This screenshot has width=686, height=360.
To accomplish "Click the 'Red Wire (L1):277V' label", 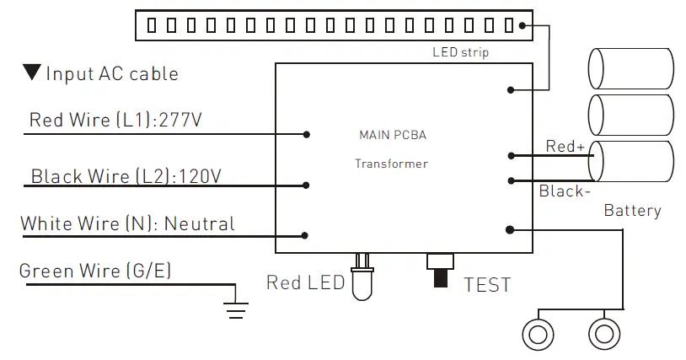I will [x=115, y=120].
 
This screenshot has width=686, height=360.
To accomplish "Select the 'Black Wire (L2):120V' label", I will [x=126, y=176].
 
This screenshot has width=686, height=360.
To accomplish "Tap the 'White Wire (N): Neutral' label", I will [x=127, y=224].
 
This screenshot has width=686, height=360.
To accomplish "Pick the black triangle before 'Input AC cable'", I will [x=33, y=73].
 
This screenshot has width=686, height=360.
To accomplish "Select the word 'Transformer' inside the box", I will [x=391, y=164].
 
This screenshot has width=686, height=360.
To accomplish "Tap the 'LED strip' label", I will [x=460, y=53].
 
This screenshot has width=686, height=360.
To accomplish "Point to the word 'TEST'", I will [x=487, y=285].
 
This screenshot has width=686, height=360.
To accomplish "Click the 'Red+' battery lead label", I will [x=565, y=147].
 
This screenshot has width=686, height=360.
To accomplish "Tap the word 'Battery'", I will [x=632, y=211].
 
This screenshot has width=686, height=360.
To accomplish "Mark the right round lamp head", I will [x=603, y=334].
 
